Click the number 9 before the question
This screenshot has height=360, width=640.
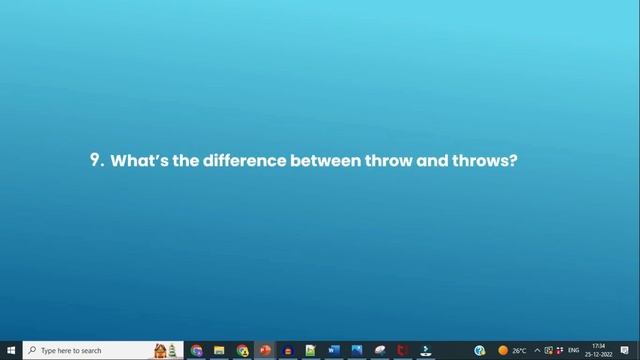point(96,160)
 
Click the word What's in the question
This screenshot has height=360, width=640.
point(139,160)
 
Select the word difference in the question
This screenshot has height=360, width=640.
point(244,160)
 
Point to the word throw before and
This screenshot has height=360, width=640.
point(388,160)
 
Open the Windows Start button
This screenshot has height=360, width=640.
point(11,351)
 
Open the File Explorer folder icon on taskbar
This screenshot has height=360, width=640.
point(219,351)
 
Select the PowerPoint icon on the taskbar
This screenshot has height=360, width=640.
point(265,351)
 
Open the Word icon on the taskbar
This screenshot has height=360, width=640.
point(334,351)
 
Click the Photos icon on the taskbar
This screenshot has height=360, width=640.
point(357,351)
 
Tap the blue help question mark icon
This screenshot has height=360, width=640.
point(480,351)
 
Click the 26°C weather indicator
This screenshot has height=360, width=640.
point(513,351)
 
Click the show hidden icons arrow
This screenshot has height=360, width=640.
point(537,351)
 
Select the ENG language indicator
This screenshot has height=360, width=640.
point(574,351)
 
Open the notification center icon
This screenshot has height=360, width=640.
point(625,351)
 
